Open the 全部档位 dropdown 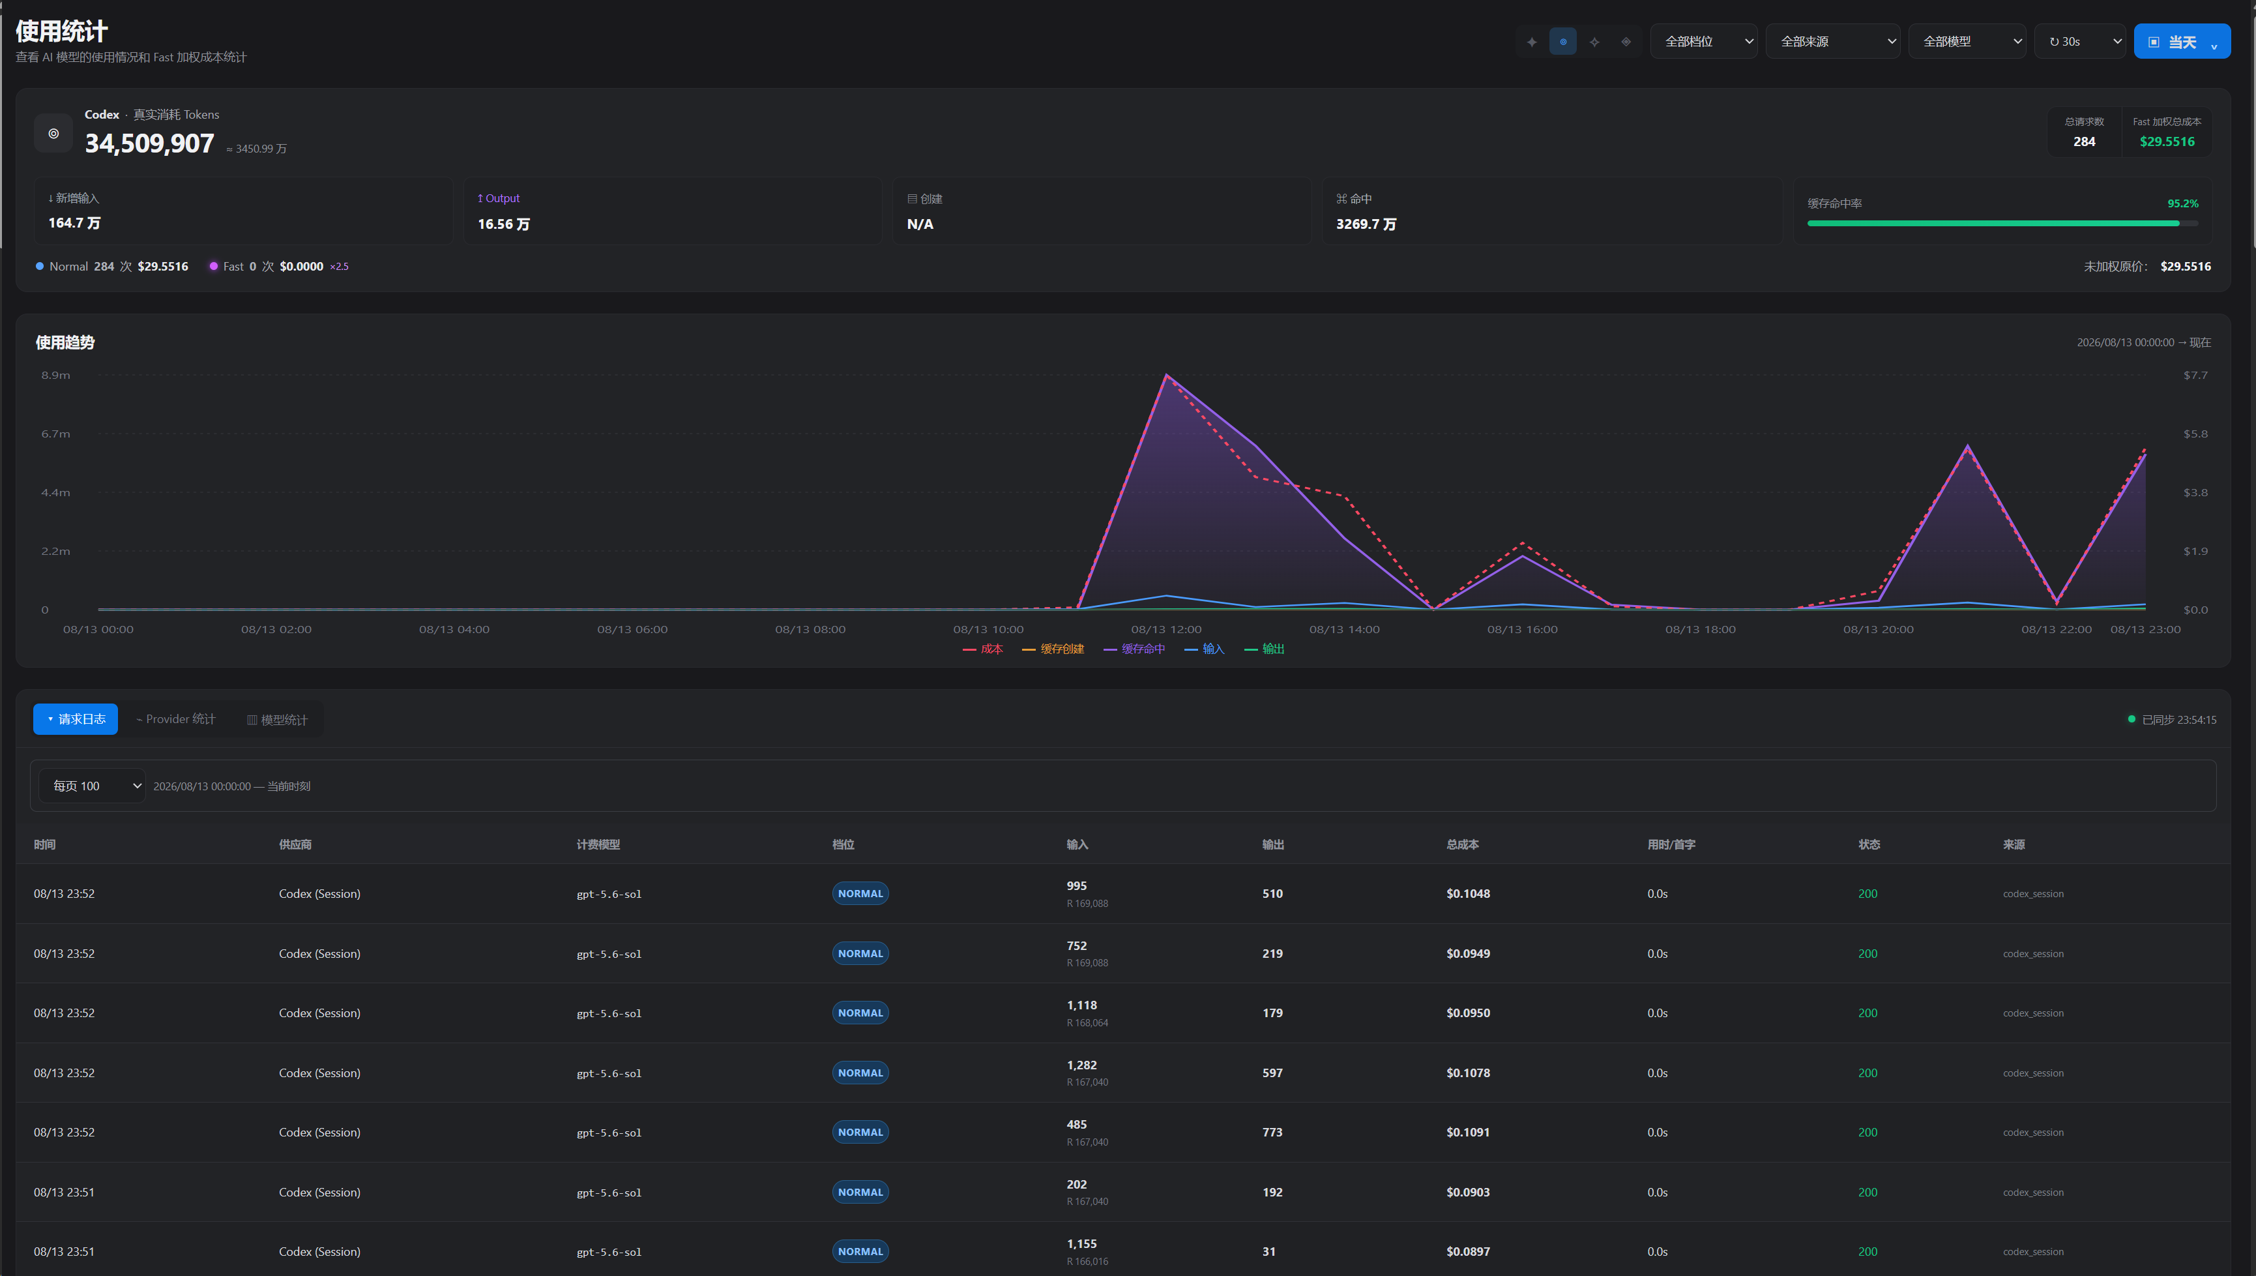click(x=1703, y=41)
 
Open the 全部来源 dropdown click(x=1832, y=41)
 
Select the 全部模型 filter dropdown click(x=1967, y=41)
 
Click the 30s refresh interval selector click(x=2080, y=41)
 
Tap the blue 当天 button click(x=2182, y=41)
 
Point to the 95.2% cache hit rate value click(x=2182, y=203)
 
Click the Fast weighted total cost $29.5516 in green click(x=2167, y=141)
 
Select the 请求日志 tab click(x=76, y=719)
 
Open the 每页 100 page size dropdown click(x=92, y=785)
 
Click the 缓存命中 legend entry click(x=1135, y=649)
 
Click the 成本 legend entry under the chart click(x=983, y=649)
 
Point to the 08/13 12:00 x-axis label click(x=1166, y=629)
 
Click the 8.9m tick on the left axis click(x=56, y=375)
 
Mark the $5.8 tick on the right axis click(x=2195, y=434)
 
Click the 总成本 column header click(x=1462, y=844)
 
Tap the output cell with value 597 click(x=1272, y=1073)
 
